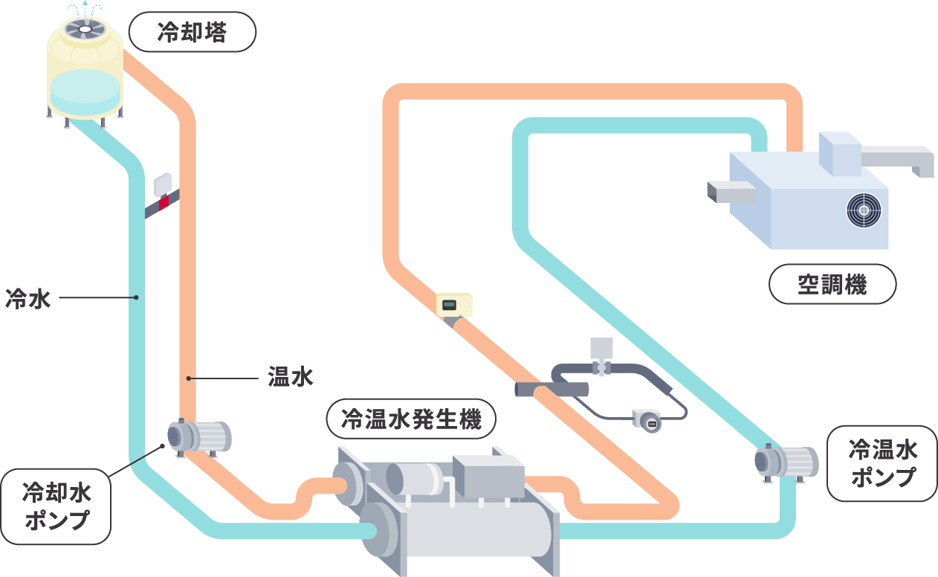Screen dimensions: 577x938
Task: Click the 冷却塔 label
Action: pos(192,33)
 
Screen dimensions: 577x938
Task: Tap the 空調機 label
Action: pos(832,284)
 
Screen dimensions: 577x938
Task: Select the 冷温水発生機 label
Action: pos(410,419)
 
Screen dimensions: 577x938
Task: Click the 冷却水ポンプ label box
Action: pos(56,506)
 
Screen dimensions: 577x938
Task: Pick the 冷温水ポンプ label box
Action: pos(882,463)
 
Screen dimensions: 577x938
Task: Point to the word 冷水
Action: pos(28,299)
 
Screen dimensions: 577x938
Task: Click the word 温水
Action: pos(291,378)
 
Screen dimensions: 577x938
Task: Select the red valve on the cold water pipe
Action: pos(164,200)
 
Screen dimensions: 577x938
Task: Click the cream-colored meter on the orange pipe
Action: pos(454,304)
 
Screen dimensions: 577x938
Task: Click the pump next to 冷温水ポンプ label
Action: pos(786,460)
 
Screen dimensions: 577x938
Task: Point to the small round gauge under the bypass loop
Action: pos(645,420)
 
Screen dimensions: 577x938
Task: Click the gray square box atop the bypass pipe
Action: pos(601,348)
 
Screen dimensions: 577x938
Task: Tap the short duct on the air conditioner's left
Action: pos(731,192)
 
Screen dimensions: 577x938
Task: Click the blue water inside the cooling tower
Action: pos(85,89)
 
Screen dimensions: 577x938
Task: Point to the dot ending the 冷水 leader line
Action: pos(137,299)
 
